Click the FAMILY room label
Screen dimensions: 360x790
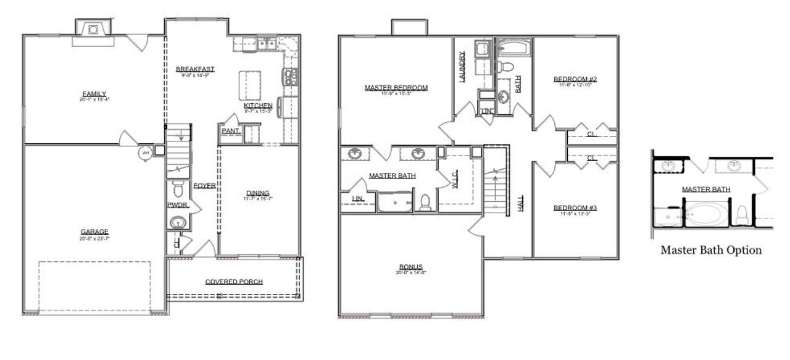pos(94,94)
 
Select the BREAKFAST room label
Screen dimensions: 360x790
pos(194,69)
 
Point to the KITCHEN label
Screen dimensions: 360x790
pos(258,106)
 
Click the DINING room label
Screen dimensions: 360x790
pos(258,193)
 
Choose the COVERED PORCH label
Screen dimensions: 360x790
pos(234,282)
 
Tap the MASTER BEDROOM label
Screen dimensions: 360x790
pos(396,88)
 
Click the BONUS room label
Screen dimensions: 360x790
pos(410,266)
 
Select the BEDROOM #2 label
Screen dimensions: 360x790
pos(575,79)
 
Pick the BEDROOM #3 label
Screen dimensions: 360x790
pos(575,207)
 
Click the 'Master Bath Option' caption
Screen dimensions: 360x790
pos(710,250)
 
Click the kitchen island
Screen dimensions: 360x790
pos(250,84)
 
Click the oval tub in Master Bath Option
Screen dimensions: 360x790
pos(707,213)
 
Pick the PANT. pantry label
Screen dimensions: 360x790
pos(230,130)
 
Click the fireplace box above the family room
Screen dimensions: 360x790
pos(93,28)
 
